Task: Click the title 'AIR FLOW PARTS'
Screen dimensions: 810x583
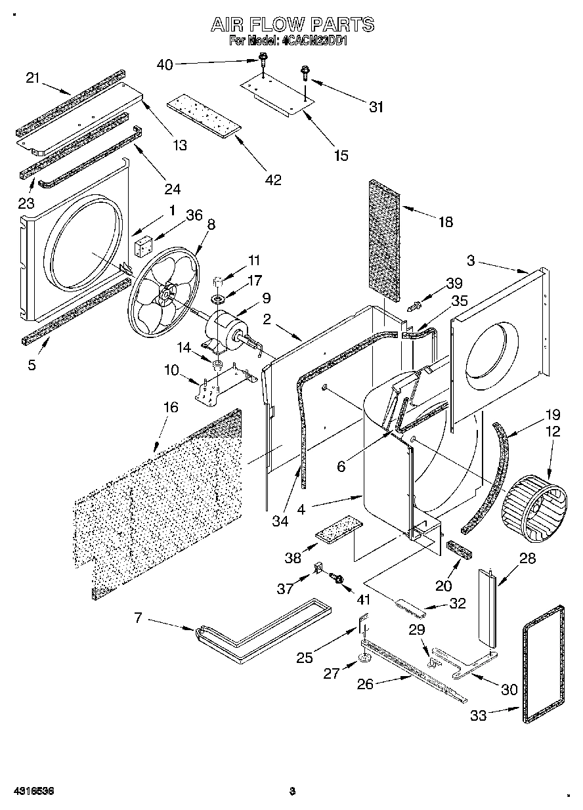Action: pyautogui.click(x=291, y=25)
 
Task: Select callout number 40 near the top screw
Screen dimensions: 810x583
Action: pyautogui.click(x=165, y=64)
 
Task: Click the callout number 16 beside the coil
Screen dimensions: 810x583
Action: pyautogui.click(x=170, y=408)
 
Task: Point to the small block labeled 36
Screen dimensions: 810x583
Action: pyautogui.click(x=144, y=247)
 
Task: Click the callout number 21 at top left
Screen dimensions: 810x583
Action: pyautogui.click(x=33, y=77)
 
